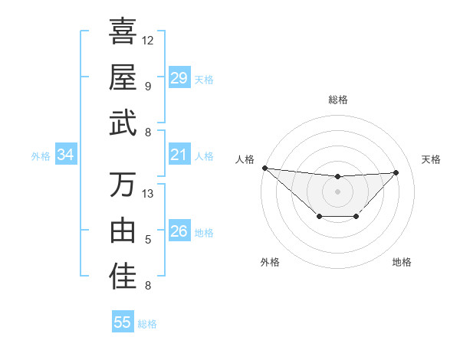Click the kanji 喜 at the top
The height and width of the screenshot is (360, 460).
[123, 33]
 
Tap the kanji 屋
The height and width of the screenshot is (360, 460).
[123, 77]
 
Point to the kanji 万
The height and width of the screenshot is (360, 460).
[123, 185]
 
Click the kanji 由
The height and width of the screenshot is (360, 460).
[123, 231]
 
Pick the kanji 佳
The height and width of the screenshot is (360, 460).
[123, 277]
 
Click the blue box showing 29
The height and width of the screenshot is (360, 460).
[179, 77]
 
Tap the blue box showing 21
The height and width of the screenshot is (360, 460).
[179, 155]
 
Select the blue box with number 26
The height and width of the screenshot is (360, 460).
[179, 231]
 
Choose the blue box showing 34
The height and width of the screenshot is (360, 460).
[66, 155]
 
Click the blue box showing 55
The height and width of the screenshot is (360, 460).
[123, 322]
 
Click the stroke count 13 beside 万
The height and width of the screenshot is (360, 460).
[148, 194]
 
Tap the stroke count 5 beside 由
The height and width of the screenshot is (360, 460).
[148, 240]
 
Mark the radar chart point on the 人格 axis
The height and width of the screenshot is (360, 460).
[264, 168]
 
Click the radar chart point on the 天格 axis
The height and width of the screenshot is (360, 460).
[396, 172]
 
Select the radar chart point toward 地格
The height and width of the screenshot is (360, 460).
[356, 218]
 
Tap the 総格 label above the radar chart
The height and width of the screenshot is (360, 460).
[337, 100]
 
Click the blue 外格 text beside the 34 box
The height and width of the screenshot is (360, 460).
[41, 155]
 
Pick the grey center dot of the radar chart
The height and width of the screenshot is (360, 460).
[337, 191]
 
